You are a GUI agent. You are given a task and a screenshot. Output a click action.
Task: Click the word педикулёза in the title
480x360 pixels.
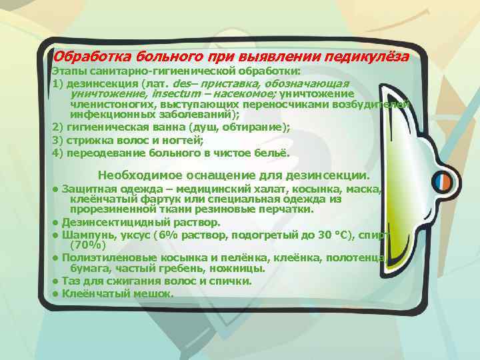[x=369, y=57]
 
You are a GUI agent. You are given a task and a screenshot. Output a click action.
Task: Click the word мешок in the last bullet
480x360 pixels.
[x=137, y=293]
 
